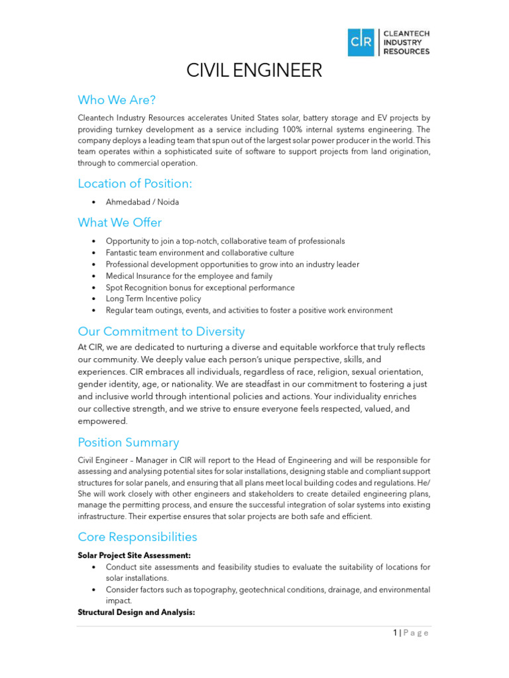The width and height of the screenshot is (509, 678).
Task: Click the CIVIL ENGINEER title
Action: click(254, 71)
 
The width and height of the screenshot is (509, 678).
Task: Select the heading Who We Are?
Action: click(117, 100)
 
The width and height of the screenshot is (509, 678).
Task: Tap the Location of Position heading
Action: click(135, 183)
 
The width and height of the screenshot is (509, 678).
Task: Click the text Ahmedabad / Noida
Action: click(142, 202)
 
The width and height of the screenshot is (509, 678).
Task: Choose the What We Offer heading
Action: click(119, 222)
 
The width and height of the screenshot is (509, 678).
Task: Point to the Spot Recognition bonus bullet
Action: click(200, 287)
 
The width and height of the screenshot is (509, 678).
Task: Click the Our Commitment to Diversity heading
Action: click(161, 332)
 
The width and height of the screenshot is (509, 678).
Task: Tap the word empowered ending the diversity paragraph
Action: click(103, 421)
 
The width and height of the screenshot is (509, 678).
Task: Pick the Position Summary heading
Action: click(128, 442)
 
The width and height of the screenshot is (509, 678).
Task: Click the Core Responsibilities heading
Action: click(137, 537)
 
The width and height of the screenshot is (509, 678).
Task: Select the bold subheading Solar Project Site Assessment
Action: click(135, 556)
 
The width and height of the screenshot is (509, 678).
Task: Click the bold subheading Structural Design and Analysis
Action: click(136, 612)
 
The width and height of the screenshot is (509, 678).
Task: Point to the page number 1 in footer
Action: click(394, 633)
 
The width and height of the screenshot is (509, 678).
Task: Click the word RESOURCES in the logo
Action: click(406, 52)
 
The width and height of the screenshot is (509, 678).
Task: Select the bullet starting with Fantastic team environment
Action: click(199, 253)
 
